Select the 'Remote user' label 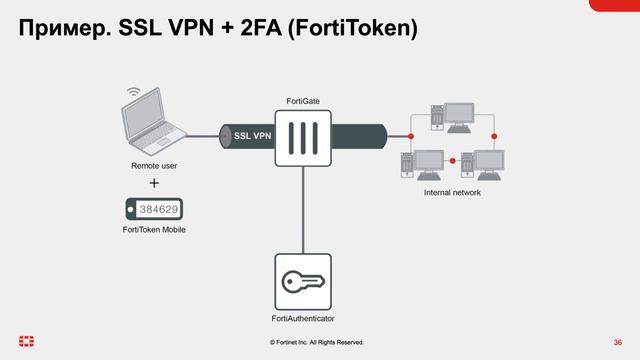pos(154,163)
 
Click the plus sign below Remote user pos(154,184)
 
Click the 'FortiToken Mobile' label pos(154,230)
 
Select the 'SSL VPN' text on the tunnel pos(253,135)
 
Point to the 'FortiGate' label pos(303,101)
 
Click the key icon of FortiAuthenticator pos(303,281)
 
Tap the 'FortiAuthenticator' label pos(303,318)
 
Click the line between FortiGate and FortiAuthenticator pos(303,210)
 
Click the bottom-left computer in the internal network pos(421,163)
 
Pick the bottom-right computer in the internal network pos(487,163)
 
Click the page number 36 pos(617,342)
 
